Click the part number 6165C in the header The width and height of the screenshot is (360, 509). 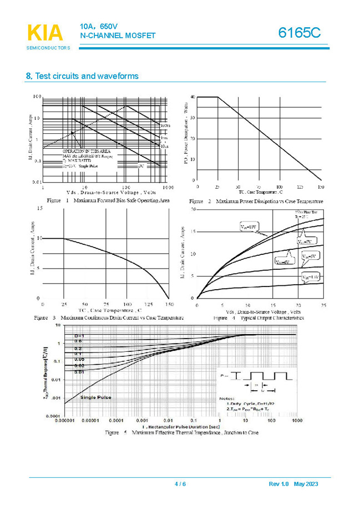point(299,33)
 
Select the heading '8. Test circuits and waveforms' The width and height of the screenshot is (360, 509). point(82,76)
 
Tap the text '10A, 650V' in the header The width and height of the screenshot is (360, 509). point(98,27)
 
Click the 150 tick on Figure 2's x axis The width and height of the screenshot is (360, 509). point(320,187)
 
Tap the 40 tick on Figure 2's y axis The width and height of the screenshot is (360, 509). point(192,97)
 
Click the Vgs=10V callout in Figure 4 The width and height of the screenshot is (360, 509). point(249,227)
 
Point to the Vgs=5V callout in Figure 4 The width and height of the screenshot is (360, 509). point(308,256)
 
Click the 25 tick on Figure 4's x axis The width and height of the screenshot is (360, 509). point(323,305)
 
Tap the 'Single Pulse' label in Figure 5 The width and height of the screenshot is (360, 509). point(95,397)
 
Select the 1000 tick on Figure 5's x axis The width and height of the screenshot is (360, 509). point(296,422)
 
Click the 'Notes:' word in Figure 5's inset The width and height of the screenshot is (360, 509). point(227,399)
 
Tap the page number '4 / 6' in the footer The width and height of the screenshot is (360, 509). point(180,484)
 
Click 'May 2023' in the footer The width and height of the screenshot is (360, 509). point(306,484)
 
